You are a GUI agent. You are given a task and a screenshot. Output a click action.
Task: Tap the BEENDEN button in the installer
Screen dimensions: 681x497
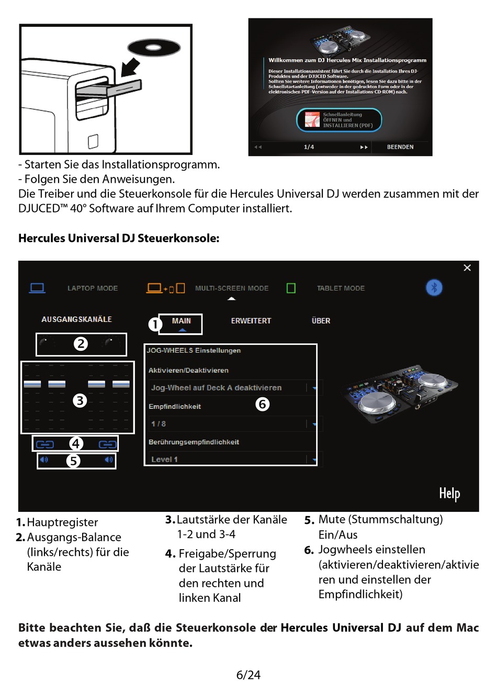click(400, 147)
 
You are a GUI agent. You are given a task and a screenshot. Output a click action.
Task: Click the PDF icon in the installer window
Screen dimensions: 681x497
click(312, 120)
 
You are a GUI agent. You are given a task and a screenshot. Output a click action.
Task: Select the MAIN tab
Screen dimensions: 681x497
click(181, 321)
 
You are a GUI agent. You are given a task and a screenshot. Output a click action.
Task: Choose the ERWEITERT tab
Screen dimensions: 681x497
click(251, 321)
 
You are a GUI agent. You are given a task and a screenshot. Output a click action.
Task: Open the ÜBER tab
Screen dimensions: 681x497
click(321, 321)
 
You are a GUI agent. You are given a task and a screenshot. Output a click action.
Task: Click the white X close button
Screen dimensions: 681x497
click(467, 268)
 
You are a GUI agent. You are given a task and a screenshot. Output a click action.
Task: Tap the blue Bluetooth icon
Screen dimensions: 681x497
click(434, 287)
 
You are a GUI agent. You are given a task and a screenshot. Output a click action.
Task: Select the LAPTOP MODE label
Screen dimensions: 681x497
click(93, 288)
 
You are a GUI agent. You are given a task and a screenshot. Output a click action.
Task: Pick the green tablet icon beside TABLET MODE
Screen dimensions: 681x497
click(291, 288)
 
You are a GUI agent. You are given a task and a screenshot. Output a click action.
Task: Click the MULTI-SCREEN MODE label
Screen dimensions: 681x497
click(232, 288)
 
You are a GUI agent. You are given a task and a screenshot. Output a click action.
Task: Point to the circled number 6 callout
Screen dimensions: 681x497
click(263, 404)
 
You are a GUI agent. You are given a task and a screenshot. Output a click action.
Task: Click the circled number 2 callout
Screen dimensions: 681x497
click(81, 344)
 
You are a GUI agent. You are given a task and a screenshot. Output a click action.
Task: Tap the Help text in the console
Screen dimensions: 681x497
click(449, 493)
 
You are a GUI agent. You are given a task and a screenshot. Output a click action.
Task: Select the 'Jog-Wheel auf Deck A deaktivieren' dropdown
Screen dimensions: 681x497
click(233, 388)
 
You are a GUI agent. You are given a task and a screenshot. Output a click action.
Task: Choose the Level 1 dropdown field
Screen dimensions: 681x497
click(233, 460)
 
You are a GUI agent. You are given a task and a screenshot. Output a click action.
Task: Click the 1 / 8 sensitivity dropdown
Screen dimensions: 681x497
click(233, 424)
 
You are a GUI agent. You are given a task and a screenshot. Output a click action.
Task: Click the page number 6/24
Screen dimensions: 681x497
click(249, 675)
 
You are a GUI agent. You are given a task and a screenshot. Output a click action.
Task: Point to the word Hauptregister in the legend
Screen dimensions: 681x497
click(62, 522)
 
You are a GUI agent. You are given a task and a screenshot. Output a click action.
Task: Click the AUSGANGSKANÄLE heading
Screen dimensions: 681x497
click(76, 319)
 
